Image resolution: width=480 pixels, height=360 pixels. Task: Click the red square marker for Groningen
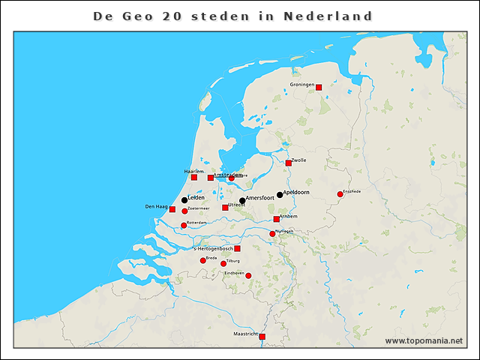[x=319, y=88]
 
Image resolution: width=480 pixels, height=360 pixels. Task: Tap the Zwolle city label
[x=298, y=160]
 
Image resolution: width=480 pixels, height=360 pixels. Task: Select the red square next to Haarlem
[x=194, y=178]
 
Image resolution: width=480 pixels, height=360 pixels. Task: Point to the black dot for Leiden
[x=184, y=199]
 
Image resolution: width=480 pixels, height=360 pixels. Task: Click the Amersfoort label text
[x=260, y=198]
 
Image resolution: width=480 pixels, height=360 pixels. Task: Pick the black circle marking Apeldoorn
[x=280, y=195]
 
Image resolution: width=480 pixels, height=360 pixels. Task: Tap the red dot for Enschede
[x=340, y=194]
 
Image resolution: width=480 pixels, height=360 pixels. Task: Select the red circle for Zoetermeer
[x=184, y=211]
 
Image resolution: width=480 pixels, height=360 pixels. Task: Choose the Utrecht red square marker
[x=225, y=208]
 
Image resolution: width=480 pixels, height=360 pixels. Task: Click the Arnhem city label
[x=289, y=216]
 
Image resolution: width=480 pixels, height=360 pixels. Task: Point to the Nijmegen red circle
[x=272, y=234]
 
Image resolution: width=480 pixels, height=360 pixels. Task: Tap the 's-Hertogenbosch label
[x=212, y=248]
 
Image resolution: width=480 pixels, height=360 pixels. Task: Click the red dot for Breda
[x=203, y=261]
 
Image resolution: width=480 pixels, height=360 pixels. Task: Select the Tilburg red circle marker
[x=223, y=264]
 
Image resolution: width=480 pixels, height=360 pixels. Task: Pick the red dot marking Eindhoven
[x=248, y=276]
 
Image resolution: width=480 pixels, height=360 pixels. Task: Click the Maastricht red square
[x=262, y=337]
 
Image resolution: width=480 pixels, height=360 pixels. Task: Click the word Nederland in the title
[x=328, y=16]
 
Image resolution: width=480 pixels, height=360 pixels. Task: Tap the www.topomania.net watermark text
[x=424, y=340]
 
